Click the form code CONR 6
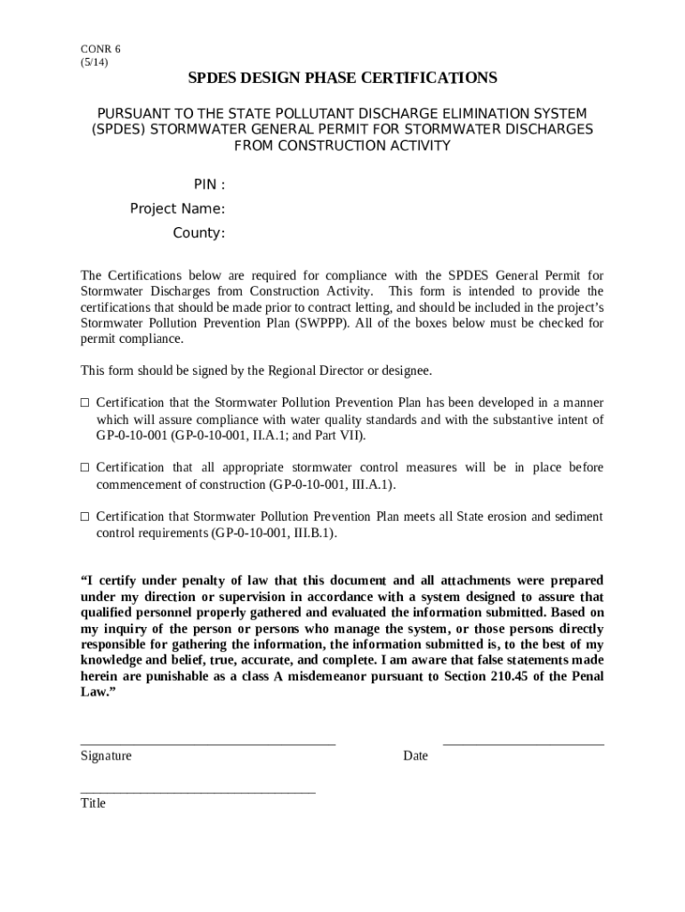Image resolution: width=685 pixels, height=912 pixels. (101, 49)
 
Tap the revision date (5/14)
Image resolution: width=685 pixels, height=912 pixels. (95, 62)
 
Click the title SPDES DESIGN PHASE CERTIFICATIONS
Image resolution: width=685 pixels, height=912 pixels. (342, 78)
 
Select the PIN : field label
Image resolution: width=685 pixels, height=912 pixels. (209, 184)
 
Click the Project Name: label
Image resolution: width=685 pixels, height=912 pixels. (177, 209)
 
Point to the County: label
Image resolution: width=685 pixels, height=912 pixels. (198, 233)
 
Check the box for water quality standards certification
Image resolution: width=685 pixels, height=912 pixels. (85, 403)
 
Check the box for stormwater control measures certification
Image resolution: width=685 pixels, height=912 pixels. (85, 468)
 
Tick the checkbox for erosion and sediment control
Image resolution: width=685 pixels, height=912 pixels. (85, 517)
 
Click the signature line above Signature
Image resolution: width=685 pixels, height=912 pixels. (207, 743)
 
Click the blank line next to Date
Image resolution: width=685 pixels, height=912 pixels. (523, 743)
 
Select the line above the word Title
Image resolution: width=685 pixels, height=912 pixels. (197, 791)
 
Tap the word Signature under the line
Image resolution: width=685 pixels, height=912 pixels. (106, 756)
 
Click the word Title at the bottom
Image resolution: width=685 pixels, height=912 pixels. (93, 803)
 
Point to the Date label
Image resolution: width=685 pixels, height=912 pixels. (415, 756)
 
